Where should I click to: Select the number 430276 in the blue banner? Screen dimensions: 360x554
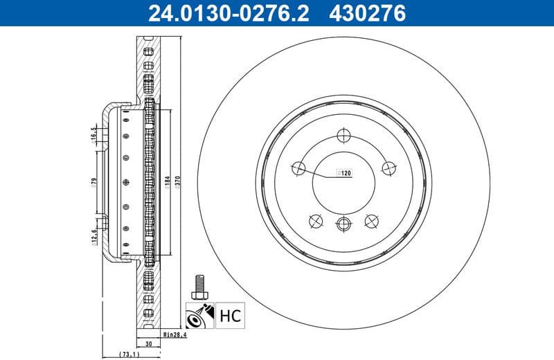[367, 12]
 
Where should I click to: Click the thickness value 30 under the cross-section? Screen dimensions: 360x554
[149, 343]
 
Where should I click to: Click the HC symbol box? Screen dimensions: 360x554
[230, 317]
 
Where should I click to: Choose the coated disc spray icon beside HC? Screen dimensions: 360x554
[199, 317]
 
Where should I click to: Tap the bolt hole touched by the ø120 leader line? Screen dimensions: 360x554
[299, 168]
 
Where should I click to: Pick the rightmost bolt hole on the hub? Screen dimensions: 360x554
[388, 168]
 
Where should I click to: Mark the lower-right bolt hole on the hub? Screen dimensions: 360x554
[372, 220]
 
